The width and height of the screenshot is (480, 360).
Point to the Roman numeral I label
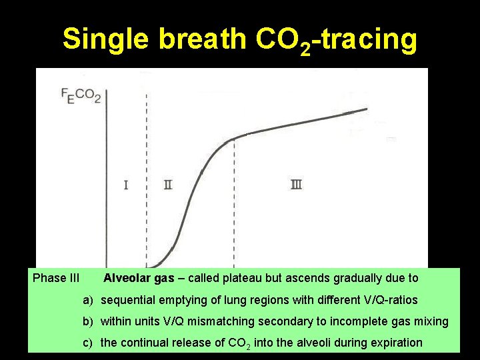coord(126,184)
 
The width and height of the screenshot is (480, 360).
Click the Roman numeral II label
coord(168,184)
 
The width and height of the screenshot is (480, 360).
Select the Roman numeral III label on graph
coord(296,184)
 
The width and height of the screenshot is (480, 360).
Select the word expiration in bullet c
coord(397,343)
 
